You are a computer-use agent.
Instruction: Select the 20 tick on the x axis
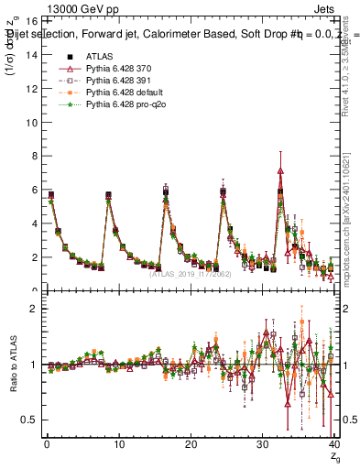coord(191,445)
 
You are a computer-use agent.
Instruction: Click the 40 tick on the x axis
coord(333,445)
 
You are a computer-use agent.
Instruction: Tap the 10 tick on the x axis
coord(118,445)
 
